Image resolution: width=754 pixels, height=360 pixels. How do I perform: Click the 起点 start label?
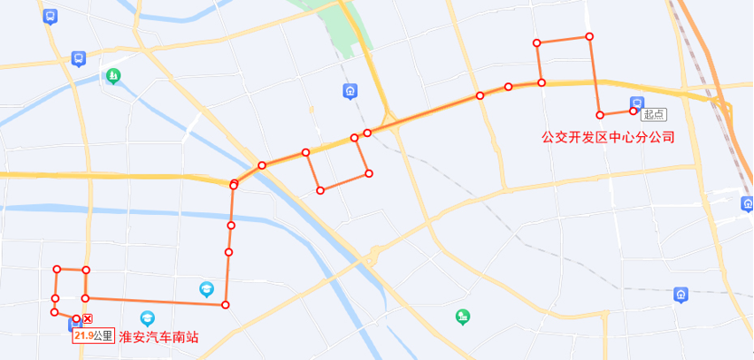(x=653, y=114)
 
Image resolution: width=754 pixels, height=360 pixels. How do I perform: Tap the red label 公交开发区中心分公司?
(x=609, y=138)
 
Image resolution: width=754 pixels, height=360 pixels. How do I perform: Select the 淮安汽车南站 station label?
(x=159, y=336)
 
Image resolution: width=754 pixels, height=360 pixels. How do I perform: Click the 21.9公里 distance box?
(x=93, y=336)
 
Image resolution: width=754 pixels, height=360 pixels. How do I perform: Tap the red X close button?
(x=88, y=319)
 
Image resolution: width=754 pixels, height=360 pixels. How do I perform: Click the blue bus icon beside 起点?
(x=637, y=103)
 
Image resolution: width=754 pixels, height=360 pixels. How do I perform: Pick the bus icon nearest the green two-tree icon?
(x=79, y=58)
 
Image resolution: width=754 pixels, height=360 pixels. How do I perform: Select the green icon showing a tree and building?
(x=462, y=316)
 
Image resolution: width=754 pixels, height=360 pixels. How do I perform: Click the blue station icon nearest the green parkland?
(x=350, y=91)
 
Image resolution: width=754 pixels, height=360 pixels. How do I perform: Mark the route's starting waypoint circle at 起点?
(x=633, y=112)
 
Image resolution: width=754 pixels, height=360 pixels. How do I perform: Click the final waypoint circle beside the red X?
(x=76, y=318)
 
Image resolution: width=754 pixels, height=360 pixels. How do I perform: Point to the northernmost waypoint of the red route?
(x=589, y=36)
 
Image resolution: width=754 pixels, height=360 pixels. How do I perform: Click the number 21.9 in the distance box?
(x=84, y=336)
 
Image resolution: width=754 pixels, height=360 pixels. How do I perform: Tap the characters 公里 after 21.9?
(x=103, y=336)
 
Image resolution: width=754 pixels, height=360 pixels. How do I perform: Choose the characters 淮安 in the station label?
(x=132, y=336)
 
